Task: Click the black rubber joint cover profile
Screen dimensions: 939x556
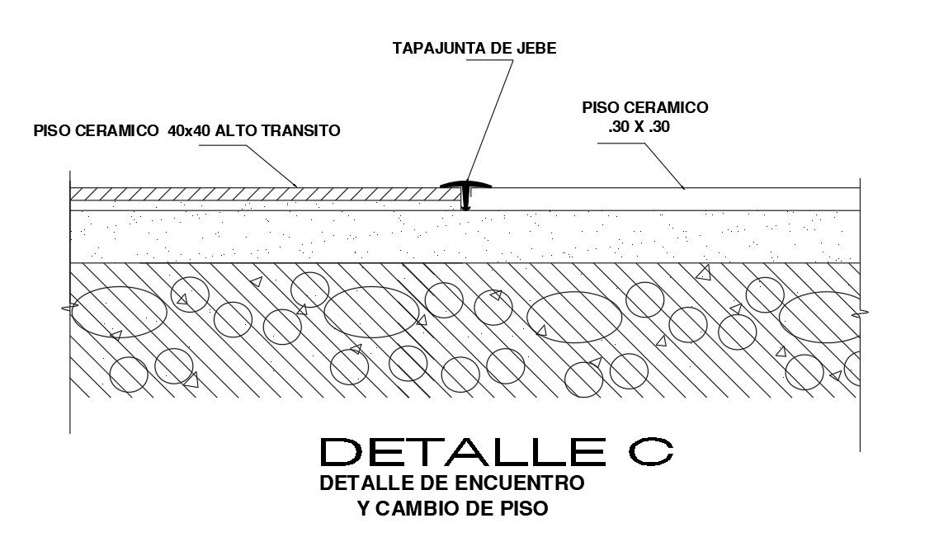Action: (x=466, y=191)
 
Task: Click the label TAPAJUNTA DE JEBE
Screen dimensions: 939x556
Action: (x=474, y=48)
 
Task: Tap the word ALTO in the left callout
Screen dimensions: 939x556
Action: (x=232, y=130)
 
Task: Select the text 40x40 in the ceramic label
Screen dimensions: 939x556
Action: (x=183, y=130)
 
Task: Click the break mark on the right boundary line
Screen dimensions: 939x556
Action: (x=861, y=312)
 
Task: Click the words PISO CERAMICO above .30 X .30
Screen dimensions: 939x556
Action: (x=644, y=107)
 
